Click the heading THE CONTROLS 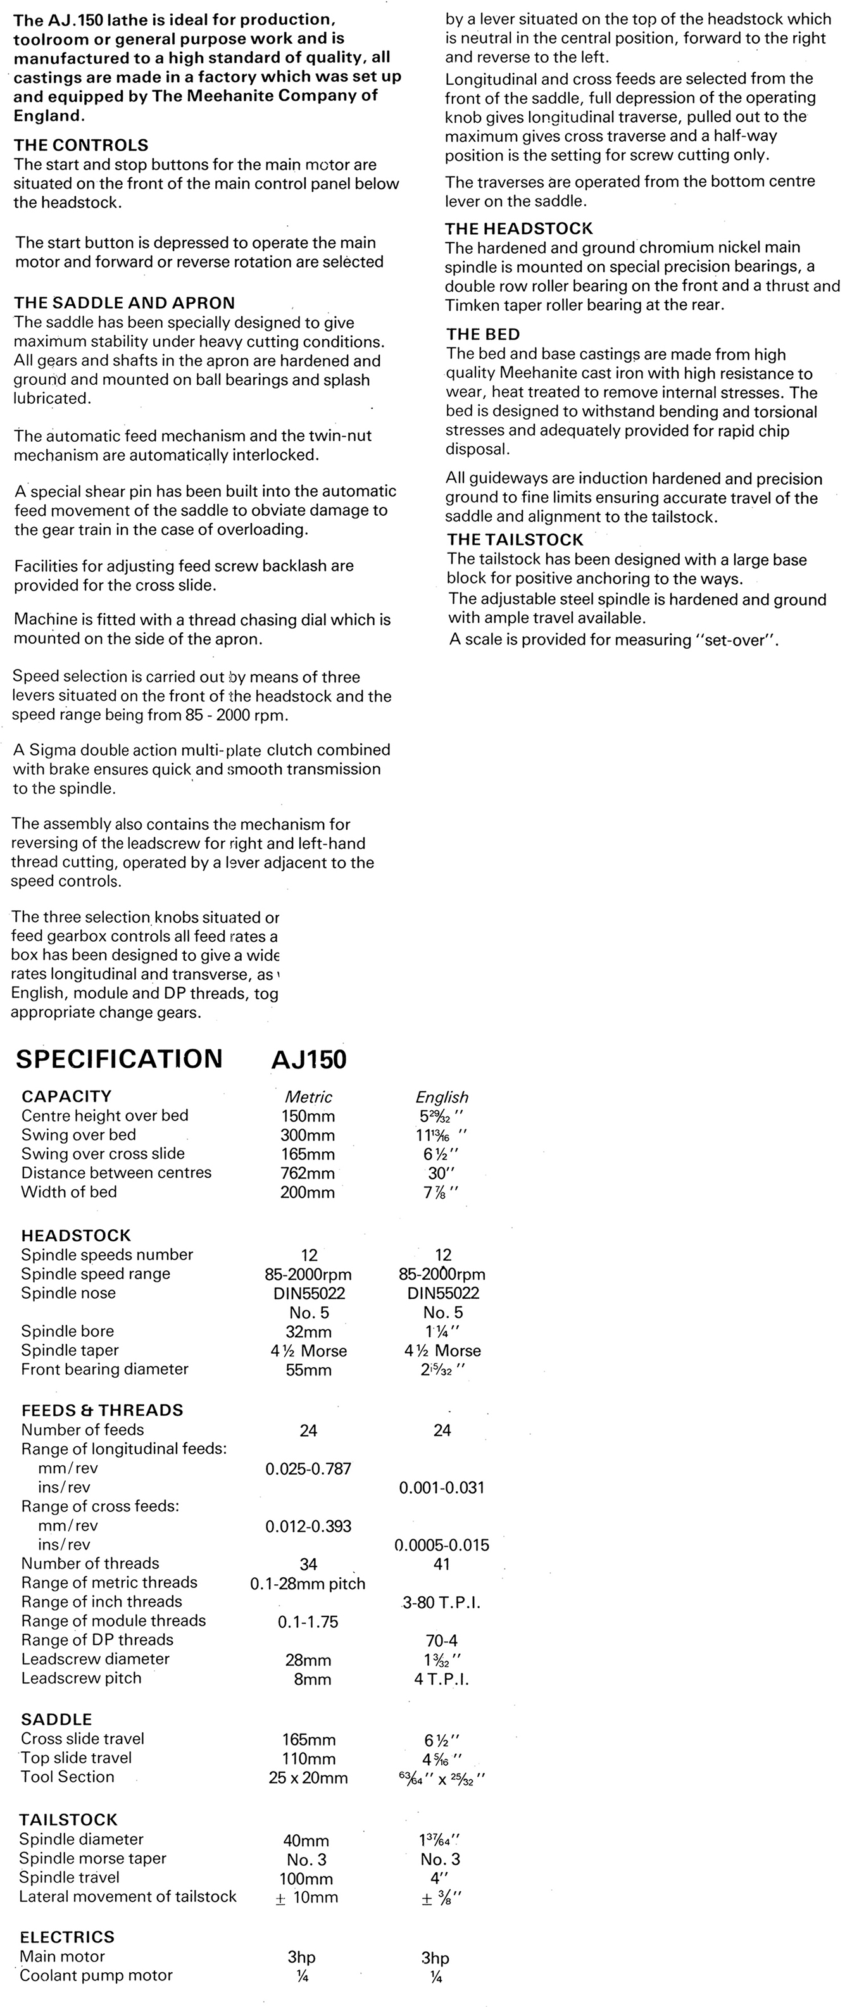coord(81,145)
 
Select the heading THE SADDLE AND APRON coord(124,303)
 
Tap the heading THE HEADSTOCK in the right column coord(518,228)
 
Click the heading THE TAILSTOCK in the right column coord(515,539)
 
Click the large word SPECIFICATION coord(119,1059)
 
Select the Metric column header coord(309,1097)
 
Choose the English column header coord(442,1097)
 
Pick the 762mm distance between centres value coord(308,1173)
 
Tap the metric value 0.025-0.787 coord(308,1468)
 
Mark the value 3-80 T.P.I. coord(442,1603)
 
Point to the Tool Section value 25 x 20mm coord(308,1778)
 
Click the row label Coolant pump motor coord(96,1975)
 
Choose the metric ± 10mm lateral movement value coord(307,1897)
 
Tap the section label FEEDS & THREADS coord(102,1410)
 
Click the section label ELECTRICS coord(67,1937)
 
